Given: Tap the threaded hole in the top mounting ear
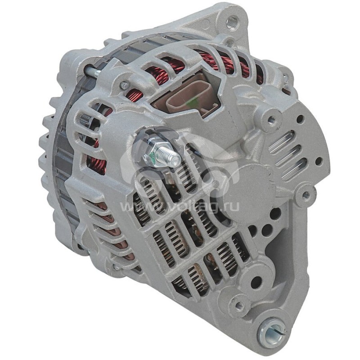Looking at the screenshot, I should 232,21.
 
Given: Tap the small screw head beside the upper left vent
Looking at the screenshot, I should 125,85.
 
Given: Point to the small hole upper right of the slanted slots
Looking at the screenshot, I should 300,120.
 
